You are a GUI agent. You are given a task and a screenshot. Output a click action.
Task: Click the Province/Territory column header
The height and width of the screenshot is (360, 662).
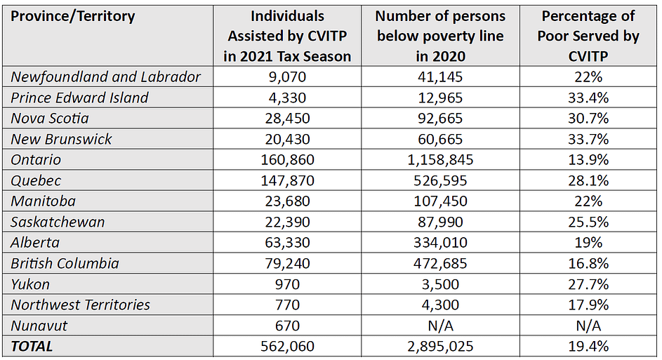point(73,16)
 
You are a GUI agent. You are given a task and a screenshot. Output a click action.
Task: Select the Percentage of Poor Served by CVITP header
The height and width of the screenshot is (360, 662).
point(588,36)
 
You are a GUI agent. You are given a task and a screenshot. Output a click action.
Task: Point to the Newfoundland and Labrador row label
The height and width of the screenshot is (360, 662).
point(105,77)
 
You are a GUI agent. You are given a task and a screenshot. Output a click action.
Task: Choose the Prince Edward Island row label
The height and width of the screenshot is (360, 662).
point(79,98)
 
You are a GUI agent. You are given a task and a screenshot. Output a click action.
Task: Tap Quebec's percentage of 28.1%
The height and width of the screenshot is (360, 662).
point(588,180)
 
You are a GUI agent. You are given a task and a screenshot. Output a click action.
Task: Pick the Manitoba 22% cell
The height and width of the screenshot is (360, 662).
point(588,201)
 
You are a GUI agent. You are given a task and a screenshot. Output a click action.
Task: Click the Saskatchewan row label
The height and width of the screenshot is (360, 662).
point(58,222)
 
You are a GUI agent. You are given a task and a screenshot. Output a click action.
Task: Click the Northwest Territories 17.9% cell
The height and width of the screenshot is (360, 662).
point(588,305)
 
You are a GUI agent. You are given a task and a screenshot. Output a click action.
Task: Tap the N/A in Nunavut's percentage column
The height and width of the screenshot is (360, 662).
point(588,326)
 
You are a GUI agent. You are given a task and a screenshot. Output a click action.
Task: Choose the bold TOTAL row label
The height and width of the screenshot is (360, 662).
point(32,346)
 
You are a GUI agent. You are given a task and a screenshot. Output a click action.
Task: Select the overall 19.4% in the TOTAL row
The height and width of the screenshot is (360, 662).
point(588,346)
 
